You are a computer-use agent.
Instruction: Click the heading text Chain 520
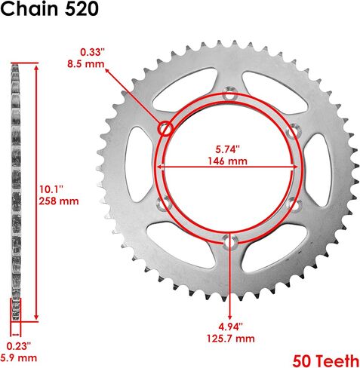click(x=49, y=9)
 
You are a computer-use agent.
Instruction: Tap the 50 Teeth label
click(x=326, y=360)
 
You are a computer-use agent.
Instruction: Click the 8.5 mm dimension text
click(x=85, y=64)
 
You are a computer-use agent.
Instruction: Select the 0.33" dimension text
click(x=92, y=52)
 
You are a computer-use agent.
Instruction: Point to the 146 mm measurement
click(x=227, y=161)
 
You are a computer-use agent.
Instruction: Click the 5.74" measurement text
click(x=227, y=149)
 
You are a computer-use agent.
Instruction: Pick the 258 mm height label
click(x=59, y=201)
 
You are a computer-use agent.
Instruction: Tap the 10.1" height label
click(x=51, y=189)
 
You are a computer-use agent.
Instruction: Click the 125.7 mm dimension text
click(x=230, y=339)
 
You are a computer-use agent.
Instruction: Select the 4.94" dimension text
click(x=230, y=327)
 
